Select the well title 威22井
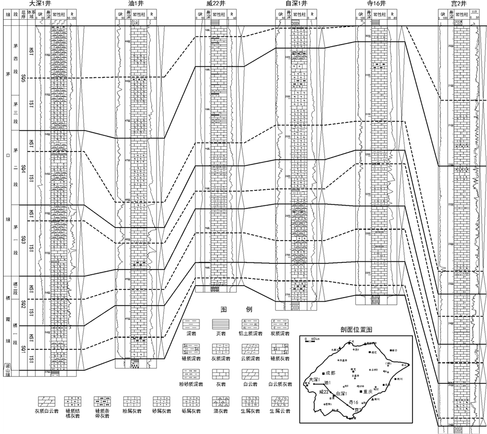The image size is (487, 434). [x=216, y=4]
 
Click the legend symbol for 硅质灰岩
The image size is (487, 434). [x=280, y=349]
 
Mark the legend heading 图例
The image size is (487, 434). [x=236, y=310]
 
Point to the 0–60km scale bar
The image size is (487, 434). [x=312, y=341]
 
